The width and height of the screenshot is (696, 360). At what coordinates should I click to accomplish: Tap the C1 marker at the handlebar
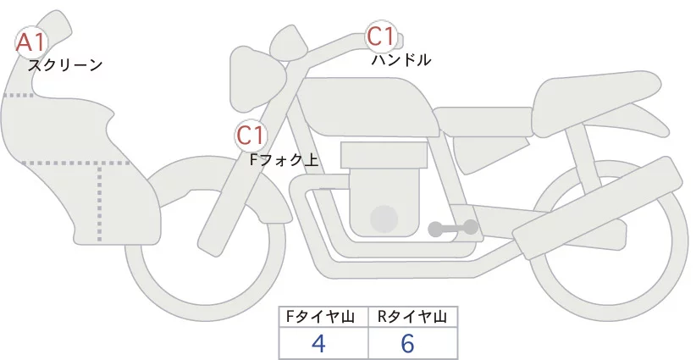coord(380,37)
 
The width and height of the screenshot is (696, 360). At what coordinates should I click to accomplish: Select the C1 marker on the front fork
coord(251,135)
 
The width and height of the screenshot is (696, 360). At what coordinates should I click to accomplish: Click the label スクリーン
coord(65,65)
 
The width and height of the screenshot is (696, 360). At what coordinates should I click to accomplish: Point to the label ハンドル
coord(401,60)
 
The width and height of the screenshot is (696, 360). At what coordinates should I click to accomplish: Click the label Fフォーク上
coord(284,158)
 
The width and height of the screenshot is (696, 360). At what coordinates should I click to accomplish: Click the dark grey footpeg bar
coord(452,228)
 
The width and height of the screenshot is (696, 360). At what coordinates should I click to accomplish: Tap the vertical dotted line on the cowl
coord(102,203)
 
